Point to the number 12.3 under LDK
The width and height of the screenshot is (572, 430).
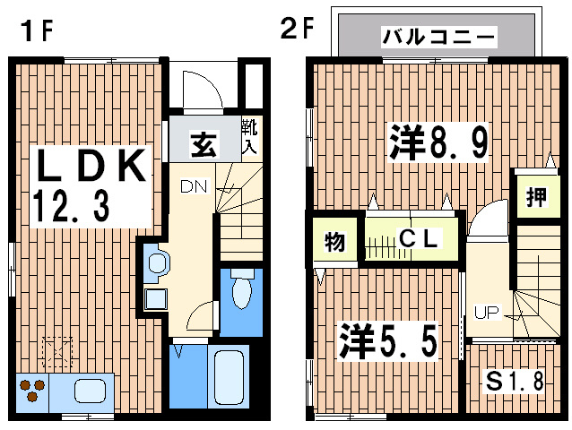[x=71, y=208]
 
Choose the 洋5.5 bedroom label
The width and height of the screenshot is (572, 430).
[x=387, y=340]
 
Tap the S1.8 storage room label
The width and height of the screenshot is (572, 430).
[x=515, y=381]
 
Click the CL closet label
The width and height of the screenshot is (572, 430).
[x=418, y=239]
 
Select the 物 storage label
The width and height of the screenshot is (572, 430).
[x=334, y=242]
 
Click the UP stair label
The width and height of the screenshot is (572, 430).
[x=487, y=313]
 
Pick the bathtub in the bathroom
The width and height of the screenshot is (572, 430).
[x=231, y=377]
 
